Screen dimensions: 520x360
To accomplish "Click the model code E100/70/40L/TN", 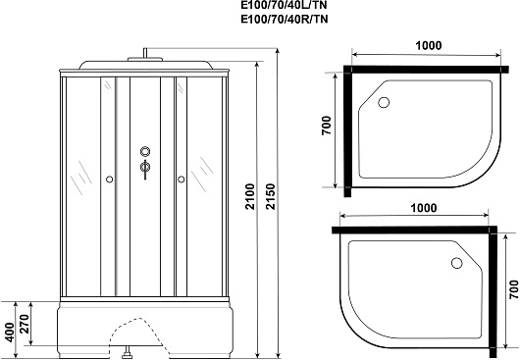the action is click(x=285, y=6).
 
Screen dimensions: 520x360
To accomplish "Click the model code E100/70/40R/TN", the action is click(x=285, y=20).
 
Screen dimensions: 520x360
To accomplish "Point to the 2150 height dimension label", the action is click(x=271, y=196).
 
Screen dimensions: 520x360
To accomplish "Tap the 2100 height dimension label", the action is click(x=250, y=196).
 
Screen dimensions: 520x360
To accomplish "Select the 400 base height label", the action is click(x=10, y=333).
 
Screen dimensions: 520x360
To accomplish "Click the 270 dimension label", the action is click(x=25, y=323).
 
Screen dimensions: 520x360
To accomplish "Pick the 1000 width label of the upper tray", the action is click(x=429, y=45).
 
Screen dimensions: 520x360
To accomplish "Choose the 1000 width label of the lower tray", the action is click(x=424, y=208).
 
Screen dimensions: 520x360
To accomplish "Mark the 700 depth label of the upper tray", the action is click(x=327, y=125).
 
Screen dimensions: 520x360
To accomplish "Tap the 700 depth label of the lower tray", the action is click(x=513, y=289).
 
